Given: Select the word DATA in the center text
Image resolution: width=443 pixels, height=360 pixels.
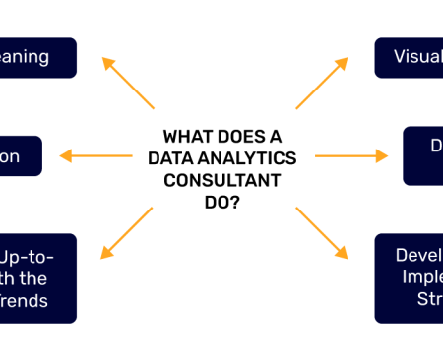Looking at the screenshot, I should pyautogui.click(x=169, y=158).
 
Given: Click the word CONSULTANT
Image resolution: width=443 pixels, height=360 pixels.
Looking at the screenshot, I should pyautogui.click(x=221, y=180).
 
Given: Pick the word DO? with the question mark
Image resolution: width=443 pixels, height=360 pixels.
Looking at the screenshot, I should pyautogui.click(x=221, y=202).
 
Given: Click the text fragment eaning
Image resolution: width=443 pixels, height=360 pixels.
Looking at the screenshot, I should pyautogui.click(x=24, y=56).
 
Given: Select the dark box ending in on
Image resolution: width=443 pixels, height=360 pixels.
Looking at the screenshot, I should pyautogui.click(x=20, y=155).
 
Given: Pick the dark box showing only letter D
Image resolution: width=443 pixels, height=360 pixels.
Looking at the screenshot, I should pyautogui.click(x=423, y=155).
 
